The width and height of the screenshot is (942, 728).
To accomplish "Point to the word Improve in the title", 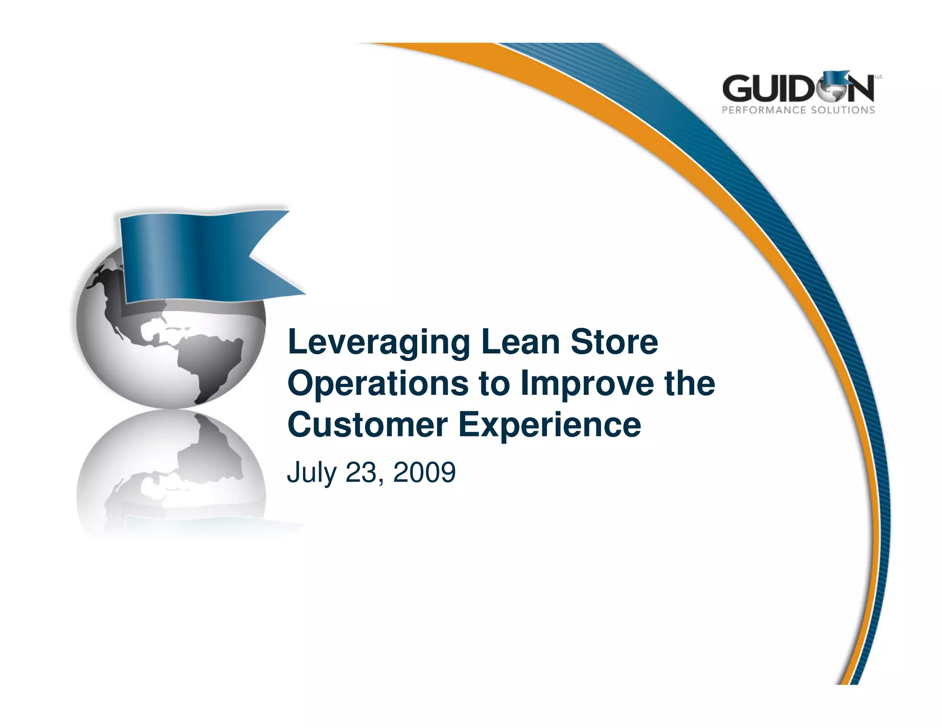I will [587, 384].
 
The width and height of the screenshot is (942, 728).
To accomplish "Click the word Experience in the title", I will [549, 425].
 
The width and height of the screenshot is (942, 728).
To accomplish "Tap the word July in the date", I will [311, 473].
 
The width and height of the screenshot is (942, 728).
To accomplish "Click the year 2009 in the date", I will [424, 472].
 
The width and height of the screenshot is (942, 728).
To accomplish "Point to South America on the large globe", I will [216, 364].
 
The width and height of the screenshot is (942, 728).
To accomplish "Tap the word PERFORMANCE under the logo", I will [764, 110].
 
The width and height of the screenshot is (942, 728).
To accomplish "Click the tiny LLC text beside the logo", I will [879, 77].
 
